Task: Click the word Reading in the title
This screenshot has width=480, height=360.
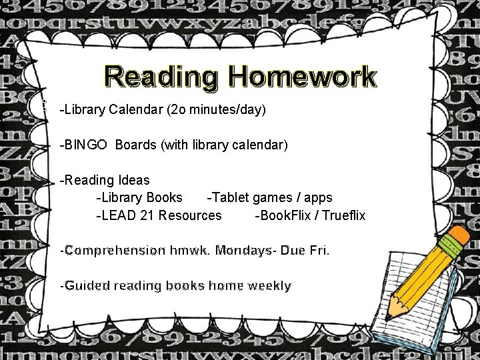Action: (161, 77)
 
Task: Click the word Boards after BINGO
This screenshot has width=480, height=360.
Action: (136, 144)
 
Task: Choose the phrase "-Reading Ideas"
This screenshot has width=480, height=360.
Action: (105, 180)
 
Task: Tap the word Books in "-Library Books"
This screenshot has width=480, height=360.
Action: (164, 197)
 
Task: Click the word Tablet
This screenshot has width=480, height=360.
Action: (229, 197)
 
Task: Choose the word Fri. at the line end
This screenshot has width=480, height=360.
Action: (317, 251)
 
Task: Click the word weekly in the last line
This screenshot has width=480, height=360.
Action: (269, 286)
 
